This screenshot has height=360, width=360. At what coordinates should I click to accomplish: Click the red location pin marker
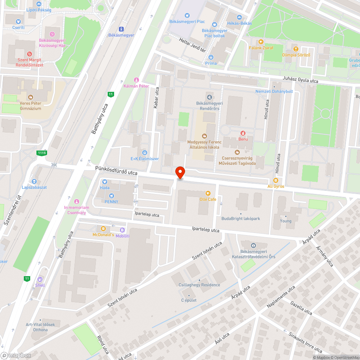pyautogui.click(x=180, y=172)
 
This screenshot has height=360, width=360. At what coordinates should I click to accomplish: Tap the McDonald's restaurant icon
pyautogui.click(x=103, y=228)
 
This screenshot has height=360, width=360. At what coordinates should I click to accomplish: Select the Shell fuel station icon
pyautogui.click(x=40, y=279)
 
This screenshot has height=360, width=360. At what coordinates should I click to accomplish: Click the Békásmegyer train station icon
pyautogui.click(x=121, y=29)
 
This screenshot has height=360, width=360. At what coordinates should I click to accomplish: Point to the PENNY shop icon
pyautogui.click(x=111, y=196)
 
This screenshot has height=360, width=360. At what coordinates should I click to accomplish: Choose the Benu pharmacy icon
pyautogui.click(x=243, y=133)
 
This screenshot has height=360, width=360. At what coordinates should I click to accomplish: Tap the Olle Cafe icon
pyautogui.click(x=208, y=193)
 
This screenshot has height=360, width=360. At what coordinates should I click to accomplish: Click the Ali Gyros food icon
pyautogui.click(x=276, y=180)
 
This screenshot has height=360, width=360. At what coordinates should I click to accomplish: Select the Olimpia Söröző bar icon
pyautogui.click(x=296, y=49)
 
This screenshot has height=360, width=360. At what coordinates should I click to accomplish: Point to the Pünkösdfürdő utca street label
pyautogui.click(x=116, y=171)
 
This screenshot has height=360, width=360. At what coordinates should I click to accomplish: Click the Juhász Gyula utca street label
pyautogui.click(x=300, y=81)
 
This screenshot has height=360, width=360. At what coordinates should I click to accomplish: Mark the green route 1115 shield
pyautogui.click(x=42, y=153)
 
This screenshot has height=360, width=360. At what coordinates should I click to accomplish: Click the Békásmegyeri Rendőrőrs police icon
pyautogui.click(x=209, y=96)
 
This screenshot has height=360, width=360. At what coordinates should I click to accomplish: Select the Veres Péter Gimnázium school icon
pyautogui.click(x=31, y=97)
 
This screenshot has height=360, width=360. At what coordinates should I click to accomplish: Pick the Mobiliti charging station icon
pyautogui.click(x=122, y=230)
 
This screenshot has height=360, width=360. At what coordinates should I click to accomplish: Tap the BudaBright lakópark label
pyautogui.click(x=240, y=219)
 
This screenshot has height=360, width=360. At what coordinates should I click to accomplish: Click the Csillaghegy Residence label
pyautogui.click(x=199, y=285)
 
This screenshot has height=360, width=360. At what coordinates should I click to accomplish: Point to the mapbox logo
pyautogui.click(x=16, y=355)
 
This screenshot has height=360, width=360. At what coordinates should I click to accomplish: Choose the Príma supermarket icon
pyautogui.click(x=211, y=57)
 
